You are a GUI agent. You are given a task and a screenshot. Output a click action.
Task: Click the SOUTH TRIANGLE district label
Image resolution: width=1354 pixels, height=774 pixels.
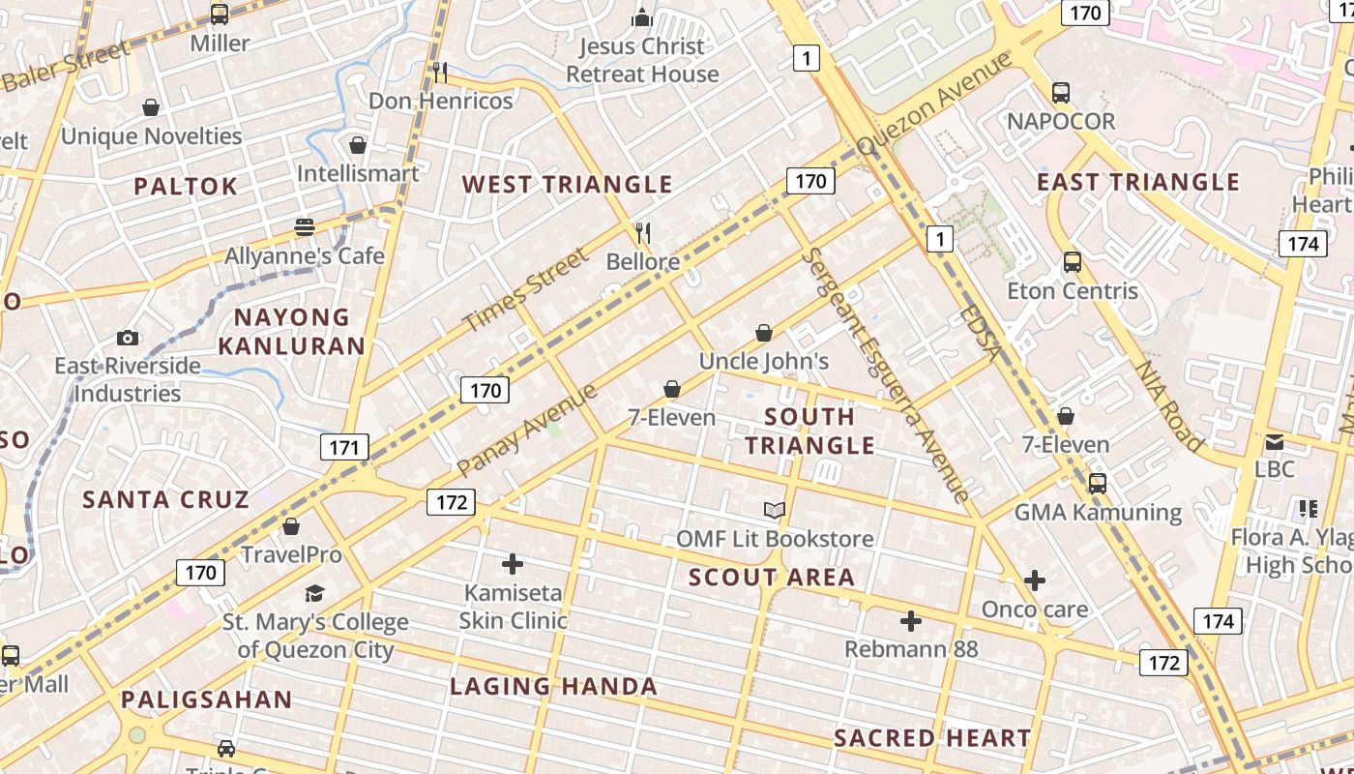pyautogui.click(x=810, y=431)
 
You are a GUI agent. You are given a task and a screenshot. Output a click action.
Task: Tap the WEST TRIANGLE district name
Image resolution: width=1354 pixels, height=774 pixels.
pyautogui.click(x=567, y=184)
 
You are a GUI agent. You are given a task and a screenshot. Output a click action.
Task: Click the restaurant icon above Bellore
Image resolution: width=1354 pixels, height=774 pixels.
pyautogui.click(x=642, y=233)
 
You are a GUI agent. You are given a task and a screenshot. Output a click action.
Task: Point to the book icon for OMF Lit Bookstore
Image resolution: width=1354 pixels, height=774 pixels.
pyautogui.click(x=774, y=510)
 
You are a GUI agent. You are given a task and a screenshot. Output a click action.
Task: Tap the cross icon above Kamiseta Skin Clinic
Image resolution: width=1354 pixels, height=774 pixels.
pyautogui.click(x=513, y=563)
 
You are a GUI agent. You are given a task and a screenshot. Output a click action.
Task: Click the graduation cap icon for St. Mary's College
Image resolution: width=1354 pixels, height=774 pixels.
pyautogui.click(x=314, y=593)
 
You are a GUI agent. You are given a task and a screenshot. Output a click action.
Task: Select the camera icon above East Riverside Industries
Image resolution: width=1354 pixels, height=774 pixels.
pyautogui.click(x=128, y=338)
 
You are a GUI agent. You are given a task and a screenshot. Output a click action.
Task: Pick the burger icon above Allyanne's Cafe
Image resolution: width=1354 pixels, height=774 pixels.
pyautogui.click(x=305, y=227)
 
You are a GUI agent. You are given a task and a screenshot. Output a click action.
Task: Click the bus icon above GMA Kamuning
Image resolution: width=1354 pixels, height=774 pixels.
pyautogui.click(x=1097, y=483)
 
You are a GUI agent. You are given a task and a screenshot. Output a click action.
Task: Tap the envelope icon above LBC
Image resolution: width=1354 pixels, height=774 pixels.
pyautogui.click(x=1275, y=442)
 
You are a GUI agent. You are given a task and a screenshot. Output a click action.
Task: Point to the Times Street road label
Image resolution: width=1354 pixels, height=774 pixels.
pyautogui.click(x=525, y=289)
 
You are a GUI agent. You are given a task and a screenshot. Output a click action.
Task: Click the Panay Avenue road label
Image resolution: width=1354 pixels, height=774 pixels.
pyautogui.click(x=527, y=430)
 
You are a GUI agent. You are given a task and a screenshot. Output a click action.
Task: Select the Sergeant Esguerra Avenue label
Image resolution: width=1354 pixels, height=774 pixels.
pyautogui.click(x=886, y=374)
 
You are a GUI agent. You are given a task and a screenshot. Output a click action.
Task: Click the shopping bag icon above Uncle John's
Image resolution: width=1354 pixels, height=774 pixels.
pyautogui.click(x=764, y=333)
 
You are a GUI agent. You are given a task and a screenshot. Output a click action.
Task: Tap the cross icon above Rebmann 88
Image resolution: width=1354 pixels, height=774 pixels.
pyautogui.click(x=910, y=620)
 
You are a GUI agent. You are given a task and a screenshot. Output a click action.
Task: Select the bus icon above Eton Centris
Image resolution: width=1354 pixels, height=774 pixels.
pyautogui.click(x=1072, y=261)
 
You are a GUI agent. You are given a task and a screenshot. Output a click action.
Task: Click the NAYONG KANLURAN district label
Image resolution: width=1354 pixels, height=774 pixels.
pyautogui.click(x=292, y=331)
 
